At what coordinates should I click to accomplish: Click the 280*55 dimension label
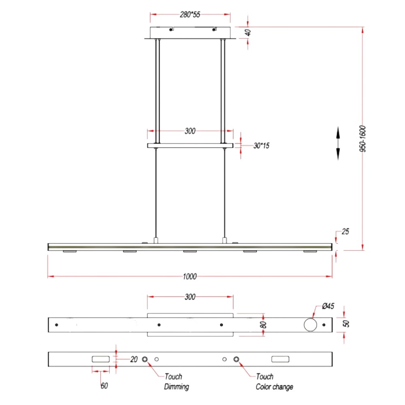[x=190, y=15]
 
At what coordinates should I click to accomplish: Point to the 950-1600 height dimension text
[x=362, y=139]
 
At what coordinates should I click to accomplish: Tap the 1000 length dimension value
[x=190, y=277]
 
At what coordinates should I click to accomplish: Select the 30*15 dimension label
[x=261, y=146]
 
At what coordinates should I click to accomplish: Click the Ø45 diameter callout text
[x=328, y=306]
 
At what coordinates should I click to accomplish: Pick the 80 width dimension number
[x=263, y=325]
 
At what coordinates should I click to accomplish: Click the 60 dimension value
[x=104, y=386]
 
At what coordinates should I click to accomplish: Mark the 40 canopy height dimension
[x=248, y=33]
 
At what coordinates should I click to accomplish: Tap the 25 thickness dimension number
[x=345, y=232]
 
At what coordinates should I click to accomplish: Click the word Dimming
[x=177, y=387]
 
